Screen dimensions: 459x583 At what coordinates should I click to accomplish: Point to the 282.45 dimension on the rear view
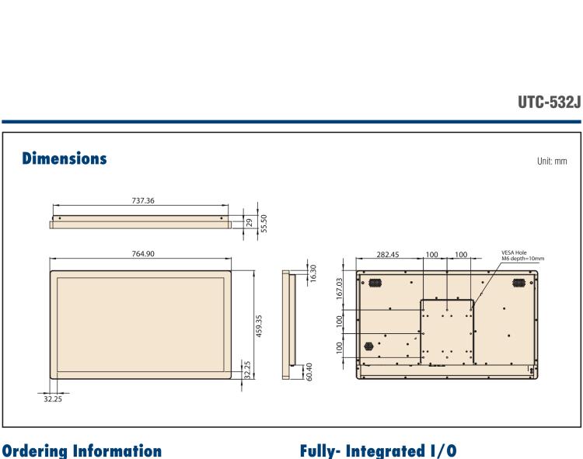388,254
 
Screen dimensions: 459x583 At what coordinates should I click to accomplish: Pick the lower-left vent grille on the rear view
369,343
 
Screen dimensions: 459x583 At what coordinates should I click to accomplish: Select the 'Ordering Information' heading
82,450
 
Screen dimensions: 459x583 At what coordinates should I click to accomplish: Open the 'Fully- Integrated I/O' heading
373,450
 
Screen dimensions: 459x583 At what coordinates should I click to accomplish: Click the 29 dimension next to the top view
248,221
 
